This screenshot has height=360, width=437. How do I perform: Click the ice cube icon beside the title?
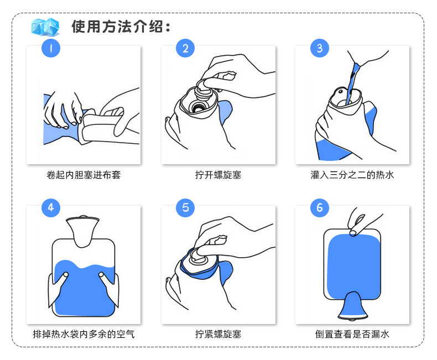click(x=45, y=27)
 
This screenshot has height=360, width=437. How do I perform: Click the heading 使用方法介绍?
click(x=121, y=27)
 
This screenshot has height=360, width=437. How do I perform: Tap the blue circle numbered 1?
click(x=51, y=48)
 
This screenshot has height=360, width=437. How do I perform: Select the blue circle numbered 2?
click(x=185, y=48)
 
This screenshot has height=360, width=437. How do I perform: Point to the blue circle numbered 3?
click(x=320, y=48)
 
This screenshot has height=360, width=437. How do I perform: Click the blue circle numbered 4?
click(x=51, y=207)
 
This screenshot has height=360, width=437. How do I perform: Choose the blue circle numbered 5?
click(x=185, y=207)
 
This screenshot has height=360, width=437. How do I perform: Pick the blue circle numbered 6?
click(x=320, y=207)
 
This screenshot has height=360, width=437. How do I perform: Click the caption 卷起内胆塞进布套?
click(x=84, y=175)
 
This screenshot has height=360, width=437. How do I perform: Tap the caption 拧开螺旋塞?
click(x=218, y=175)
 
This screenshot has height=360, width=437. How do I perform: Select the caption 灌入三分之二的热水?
click(x=352, y=175)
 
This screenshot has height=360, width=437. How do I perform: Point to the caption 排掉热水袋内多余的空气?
click(x=84, y=334)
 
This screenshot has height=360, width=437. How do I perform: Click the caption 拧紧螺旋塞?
click(x=218, y=334)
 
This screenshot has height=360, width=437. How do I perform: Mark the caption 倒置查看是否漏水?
click(x=352, y=334)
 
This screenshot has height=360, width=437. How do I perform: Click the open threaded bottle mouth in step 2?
click(x=199, y=106)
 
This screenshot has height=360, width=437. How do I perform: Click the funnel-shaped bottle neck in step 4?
click(x=83, y=230)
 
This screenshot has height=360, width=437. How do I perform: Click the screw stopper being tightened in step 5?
click(x=199, y=258)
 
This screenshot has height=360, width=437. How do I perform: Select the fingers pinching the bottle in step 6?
click(x=359, y=223)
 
